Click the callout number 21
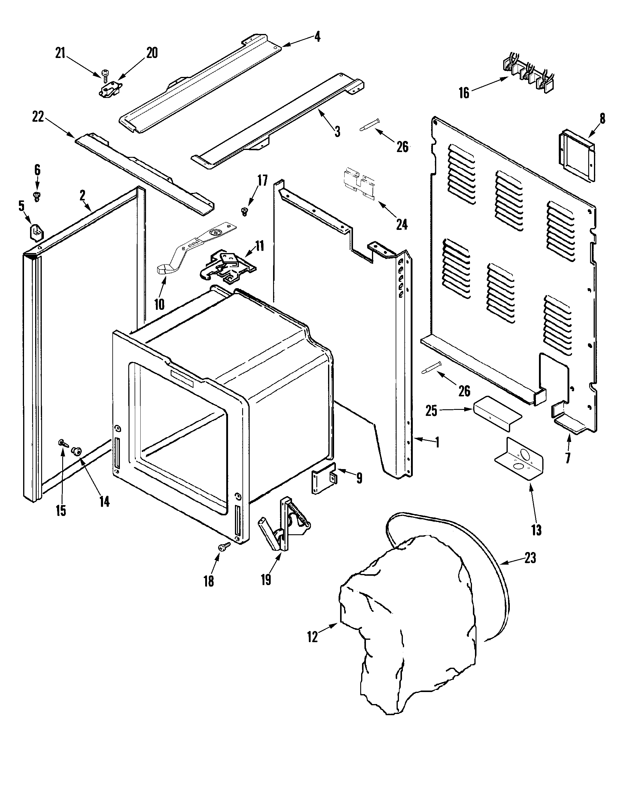(x=60, y=53)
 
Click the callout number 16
(x=464, y=93)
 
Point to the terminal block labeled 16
(x=528, y=75)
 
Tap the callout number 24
(x=401, y=224)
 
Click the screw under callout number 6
(x=37, y=197)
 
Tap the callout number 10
(x=159, y=304)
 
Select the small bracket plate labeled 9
(x=324, y=479)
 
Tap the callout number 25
(x=431, y=410)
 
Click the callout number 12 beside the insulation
(x=312, y=637)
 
